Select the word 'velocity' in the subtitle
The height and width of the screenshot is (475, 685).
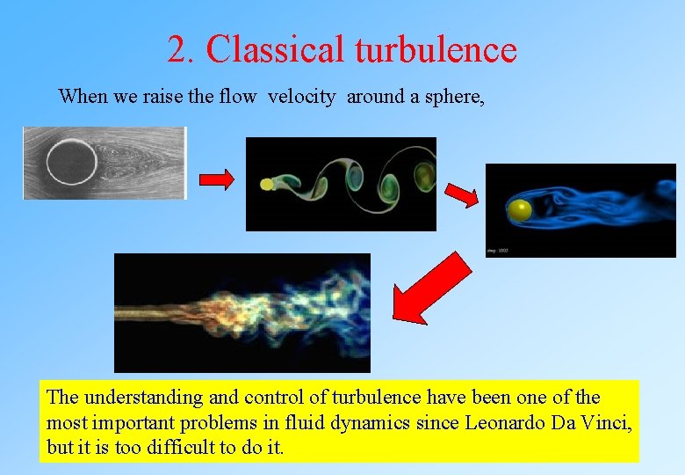[x=301, y=97]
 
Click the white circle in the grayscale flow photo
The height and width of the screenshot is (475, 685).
[x=71, y=164]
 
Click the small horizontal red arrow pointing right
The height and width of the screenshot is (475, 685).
[x=217, y=180]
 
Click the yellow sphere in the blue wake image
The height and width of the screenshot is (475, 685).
[x=520, y=210]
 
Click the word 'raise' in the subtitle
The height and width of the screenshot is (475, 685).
[x=161, y=97]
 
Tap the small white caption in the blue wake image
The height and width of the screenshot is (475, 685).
[x=497, y=251]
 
